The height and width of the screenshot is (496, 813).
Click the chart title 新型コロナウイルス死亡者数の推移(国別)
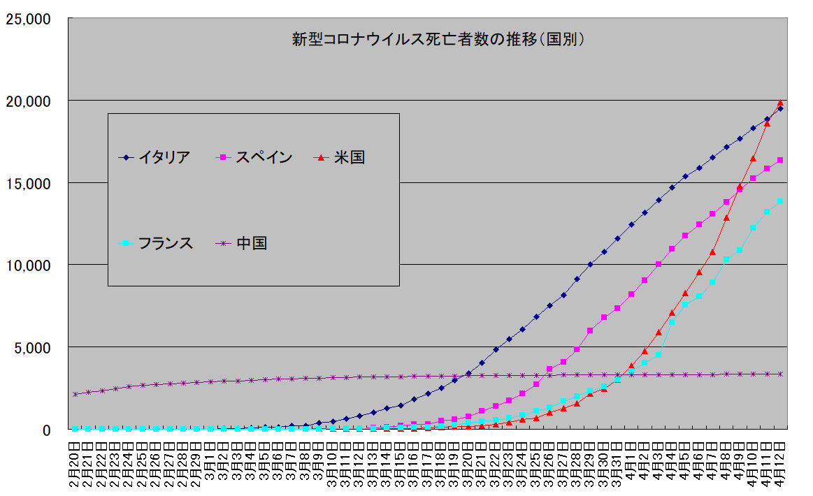[x=438, y=39]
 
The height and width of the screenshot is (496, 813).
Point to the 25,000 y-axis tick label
[x=28, y=19]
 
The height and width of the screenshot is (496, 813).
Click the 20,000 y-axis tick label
[x=28, y=101]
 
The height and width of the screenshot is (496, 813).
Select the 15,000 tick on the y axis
[x=28, y=183]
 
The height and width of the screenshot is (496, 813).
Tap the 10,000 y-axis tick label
[x=28, y=265]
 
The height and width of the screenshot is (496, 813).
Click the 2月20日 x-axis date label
[x=75, y=465]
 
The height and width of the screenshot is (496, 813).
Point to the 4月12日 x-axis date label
[x=780, y=465]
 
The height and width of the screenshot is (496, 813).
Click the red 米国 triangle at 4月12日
[x=780, y=103]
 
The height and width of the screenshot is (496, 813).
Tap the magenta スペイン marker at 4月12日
[x=780, y=161]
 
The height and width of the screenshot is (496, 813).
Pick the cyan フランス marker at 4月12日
[x=780, y=201]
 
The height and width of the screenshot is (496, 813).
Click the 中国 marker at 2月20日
[x=75, y=394]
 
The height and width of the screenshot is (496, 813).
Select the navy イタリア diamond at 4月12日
[x=780, y=108]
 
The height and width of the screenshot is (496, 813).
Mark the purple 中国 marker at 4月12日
[x=780, y=374]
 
